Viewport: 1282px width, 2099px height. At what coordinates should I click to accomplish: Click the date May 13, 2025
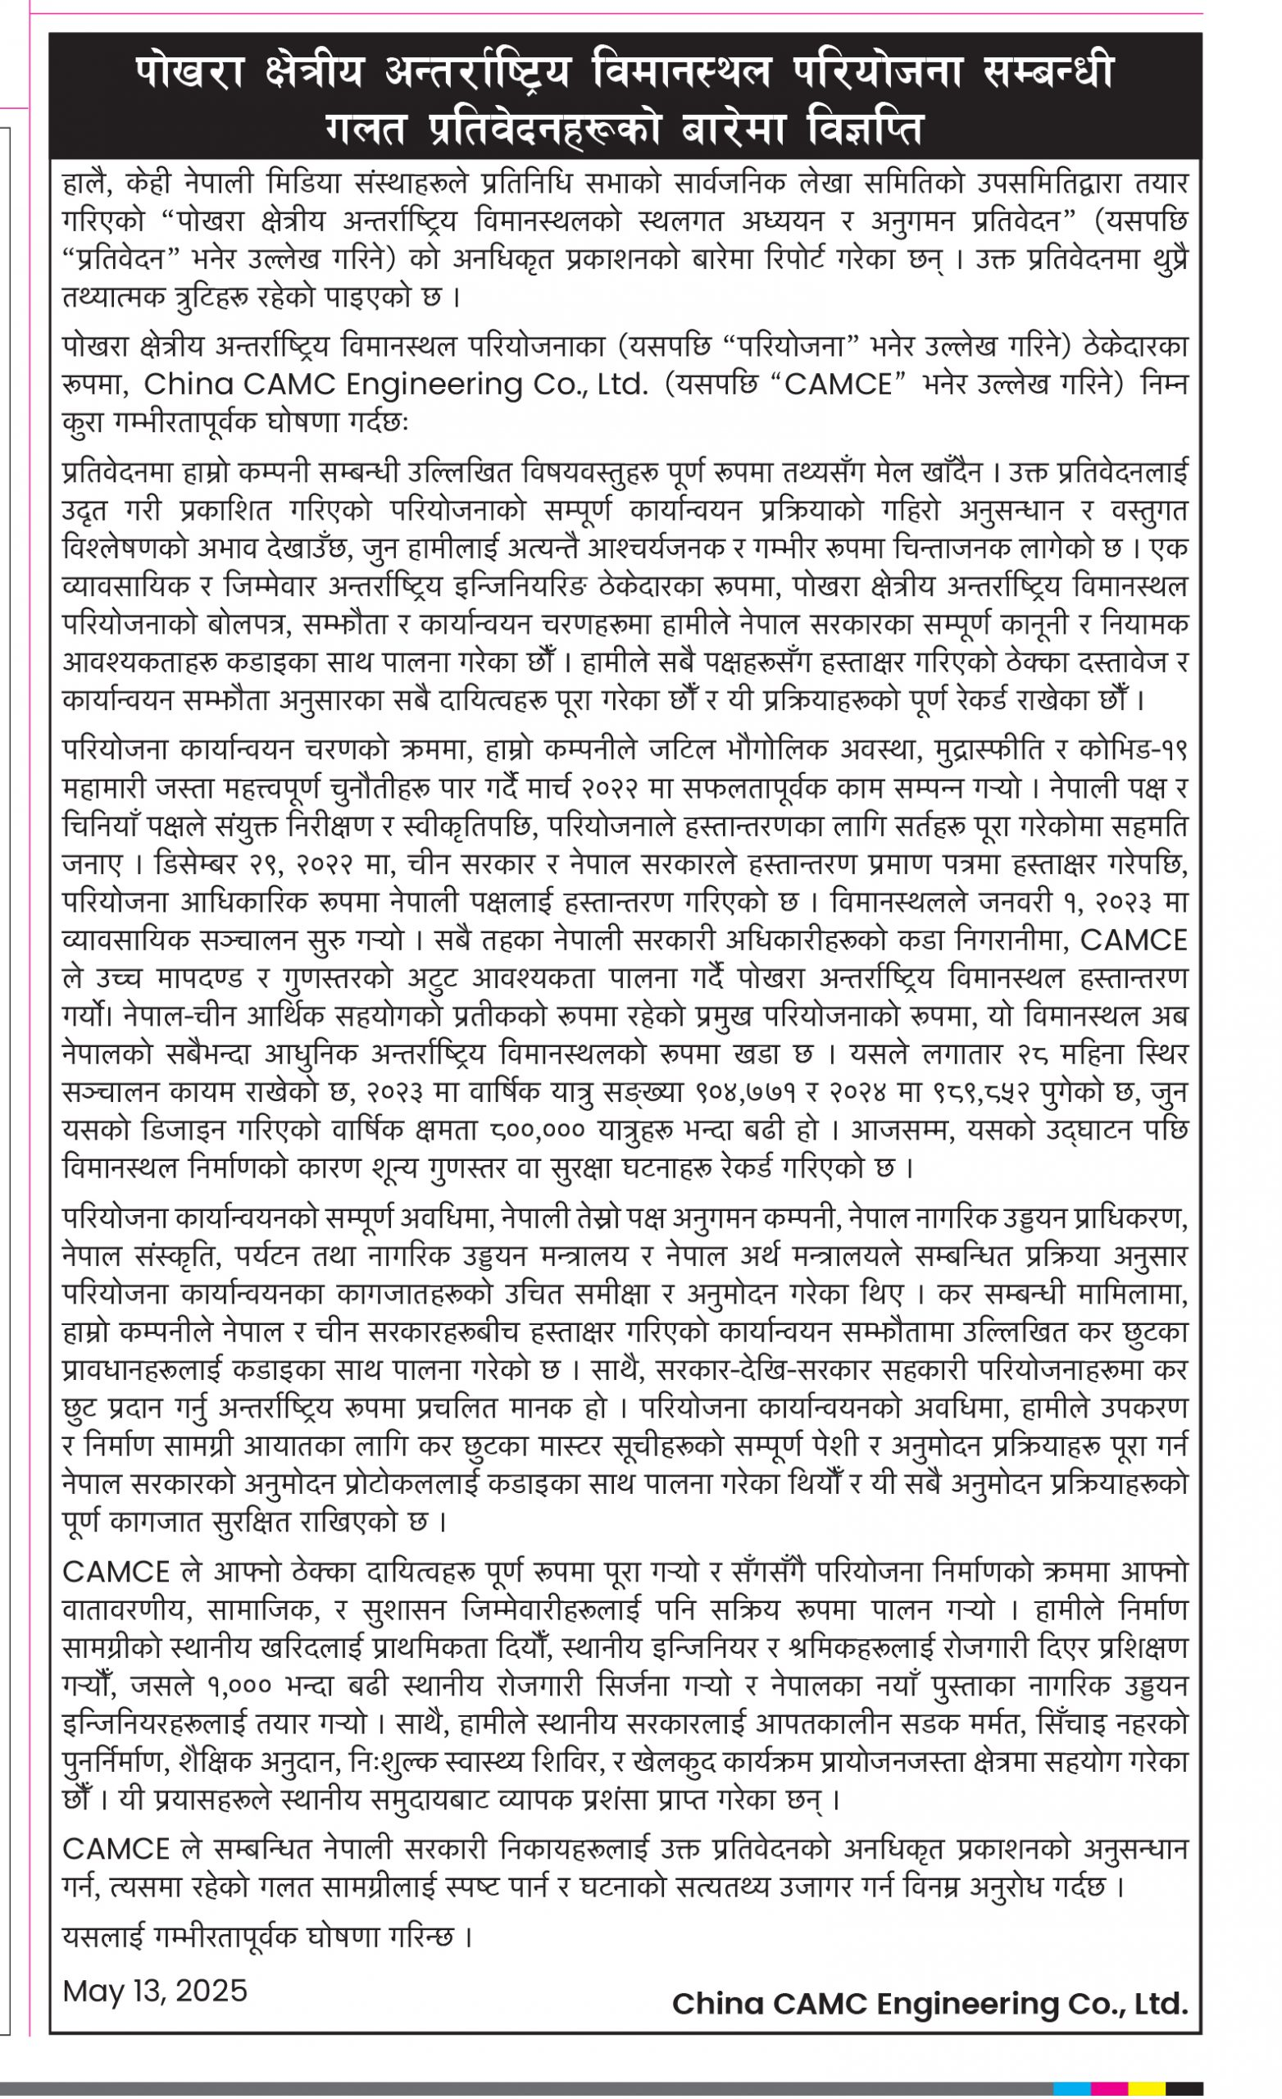coord(155,1991)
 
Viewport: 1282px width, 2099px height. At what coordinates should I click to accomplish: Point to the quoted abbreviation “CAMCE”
coord(844,385)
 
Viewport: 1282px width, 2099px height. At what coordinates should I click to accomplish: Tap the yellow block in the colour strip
coord(1147,2088)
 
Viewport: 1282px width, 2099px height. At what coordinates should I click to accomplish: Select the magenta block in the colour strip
coord(1110,2088)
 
